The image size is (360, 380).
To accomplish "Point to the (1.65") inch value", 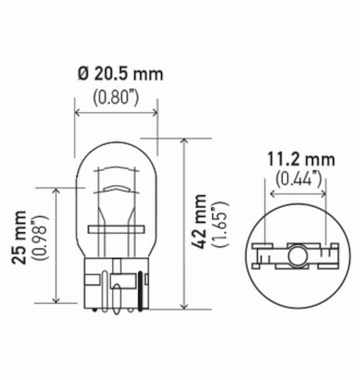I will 221,224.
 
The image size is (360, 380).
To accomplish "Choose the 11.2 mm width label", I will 300,159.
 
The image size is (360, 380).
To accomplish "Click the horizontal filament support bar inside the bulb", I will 115,230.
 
